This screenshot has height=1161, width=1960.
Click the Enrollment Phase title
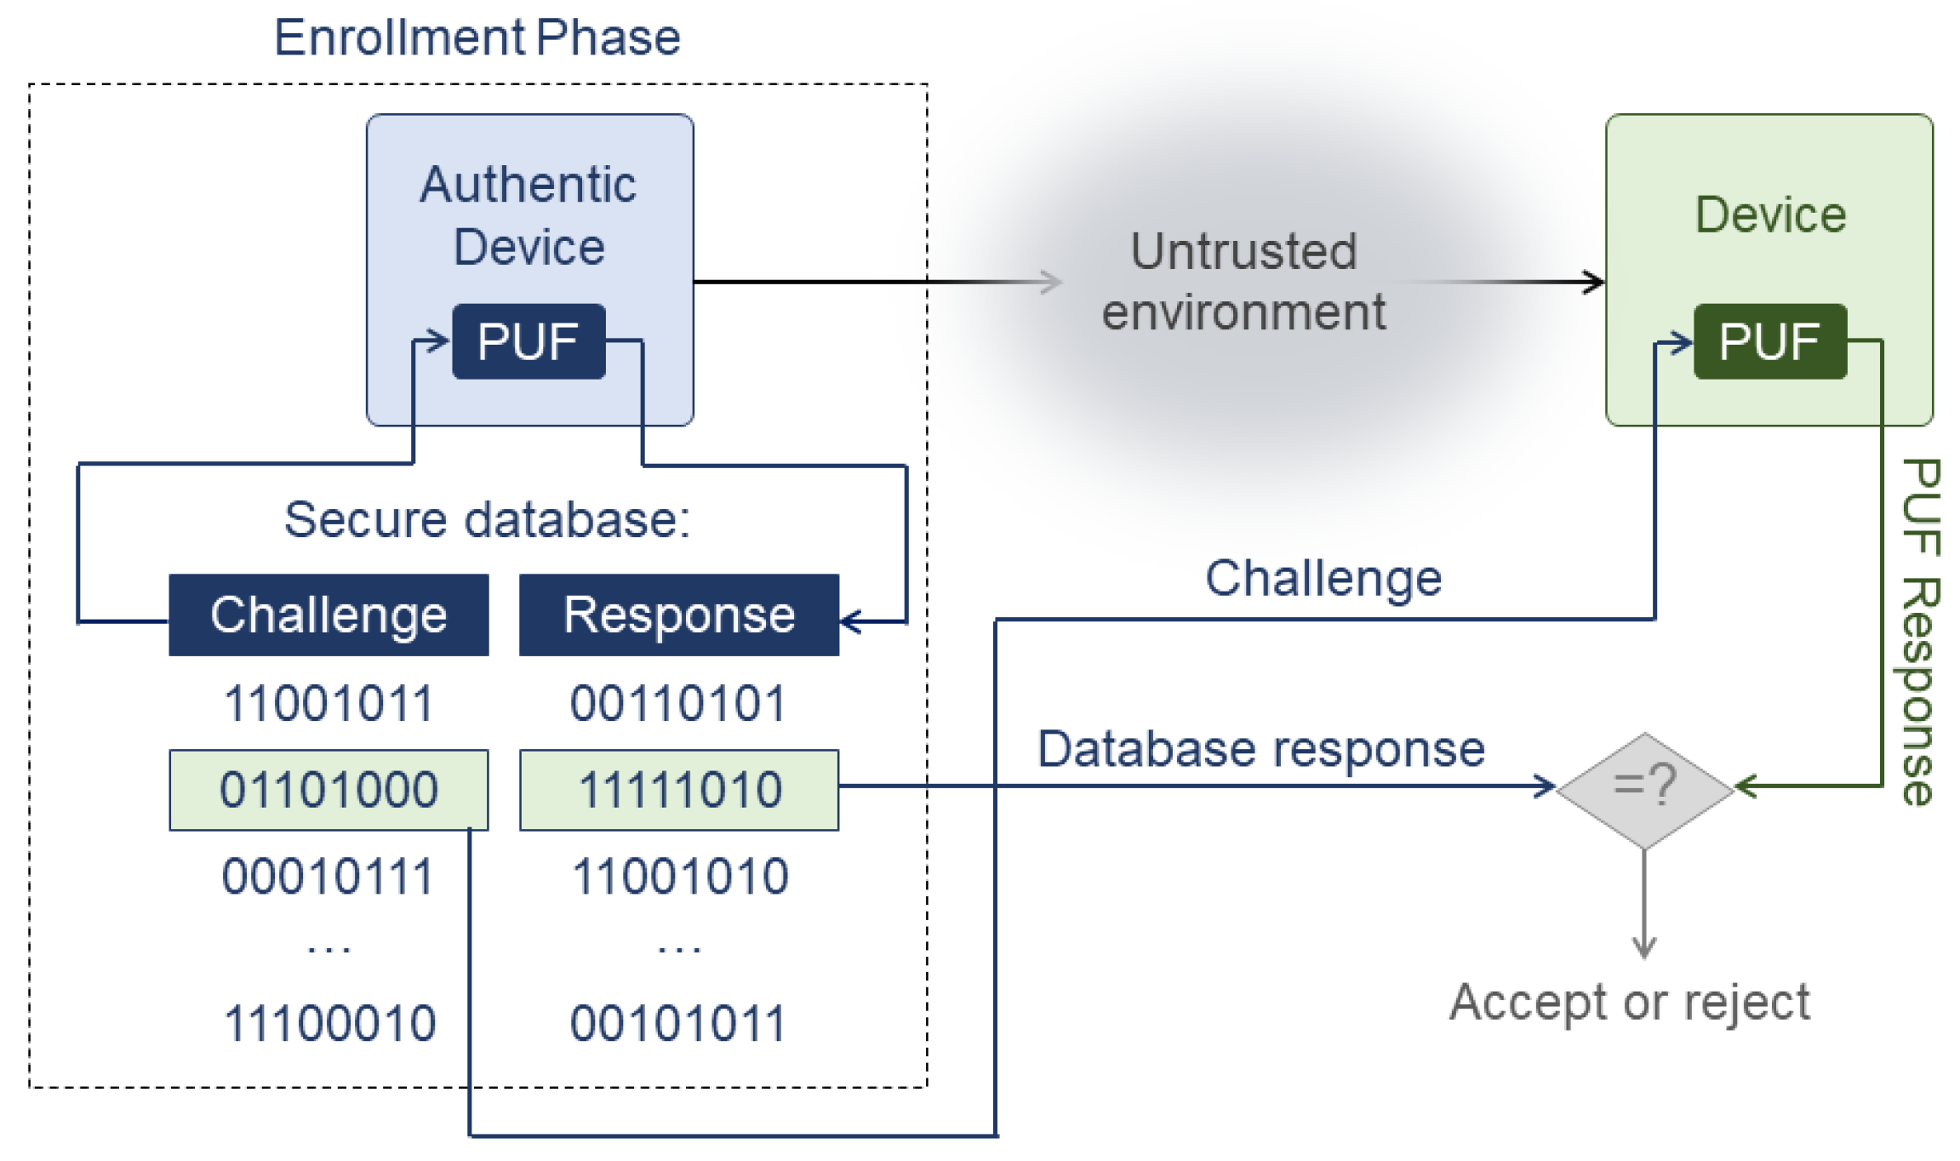tap(477, 38)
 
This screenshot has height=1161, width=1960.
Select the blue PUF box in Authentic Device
tap(529, 341)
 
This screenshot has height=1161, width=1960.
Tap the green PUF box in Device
tap(1769, 341)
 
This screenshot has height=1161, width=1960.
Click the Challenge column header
tap(329, 615)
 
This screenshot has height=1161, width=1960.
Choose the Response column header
tap(678, 615)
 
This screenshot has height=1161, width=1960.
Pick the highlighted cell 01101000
tap(329, 790)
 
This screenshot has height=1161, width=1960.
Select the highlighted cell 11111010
tap(678, 790)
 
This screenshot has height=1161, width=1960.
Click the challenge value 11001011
tap(329, 704)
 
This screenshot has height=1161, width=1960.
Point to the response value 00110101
tap(678, 704)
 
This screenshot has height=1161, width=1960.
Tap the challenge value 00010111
tap(329, 876)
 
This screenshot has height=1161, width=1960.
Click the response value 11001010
tap(680, 876)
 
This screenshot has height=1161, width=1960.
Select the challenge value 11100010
tap(329, 1022)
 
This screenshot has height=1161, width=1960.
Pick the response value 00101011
tap(678, 1022)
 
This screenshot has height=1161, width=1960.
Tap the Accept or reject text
tap(1630, 1002)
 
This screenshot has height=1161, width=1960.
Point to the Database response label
tap(1260, 749)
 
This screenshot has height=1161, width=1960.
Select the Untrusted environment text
tap(1243, 282)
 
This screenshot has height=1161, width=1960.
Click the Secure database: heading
tap(487, 519)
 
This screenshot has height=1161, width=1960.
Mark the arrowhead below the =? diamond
tap(1644, 948)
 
